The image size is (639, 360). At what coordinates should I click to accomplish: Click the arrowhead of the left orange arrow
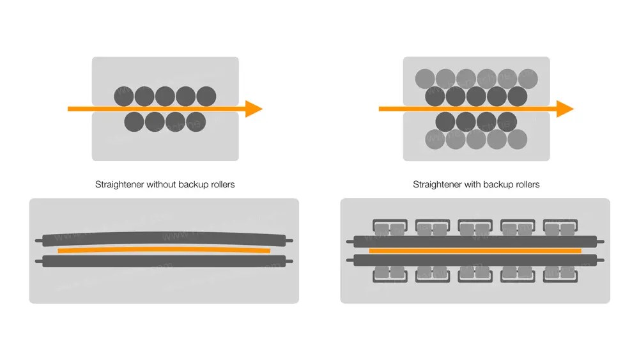pos(254,109)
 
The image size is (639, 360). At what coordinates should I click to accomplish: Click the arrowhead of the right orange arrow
pos(565,109)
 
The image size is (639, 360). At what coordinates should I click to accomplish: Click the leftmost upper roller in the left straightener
pos(124,97)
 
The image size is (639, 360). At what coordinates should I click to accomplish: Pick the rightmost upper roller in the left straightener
pos(206,97)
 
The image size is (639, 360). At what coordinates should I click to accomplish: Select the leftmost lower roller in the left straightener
pos(134,121)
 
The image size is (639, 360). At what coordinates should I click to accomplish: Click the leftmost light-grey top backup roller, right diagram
pos(425,79)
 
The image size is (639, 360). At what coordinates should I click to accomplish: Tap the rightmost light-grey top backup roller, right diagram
pos(528,79)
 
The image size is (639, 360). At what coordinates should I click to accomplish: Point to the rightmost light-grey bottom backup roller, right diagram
pos(517,139)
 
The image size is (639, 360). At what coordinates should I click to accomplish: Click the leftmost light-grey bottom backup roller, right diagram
pos(435,139)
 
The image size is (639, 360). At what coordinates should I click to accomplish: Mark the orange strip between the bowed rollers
pos(164,251)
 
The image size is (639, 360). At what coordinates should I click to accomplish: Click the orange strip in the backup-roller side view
pos(475,251)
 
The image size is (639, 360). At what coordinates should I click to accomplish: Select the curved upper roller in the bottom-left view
pos(164,239)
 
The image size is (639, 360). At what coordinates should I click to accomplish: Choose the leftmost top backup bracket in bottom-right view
pos(389,227)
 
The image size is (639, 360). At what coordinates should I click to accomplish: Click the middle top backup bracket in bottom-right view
pos(474,227)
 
